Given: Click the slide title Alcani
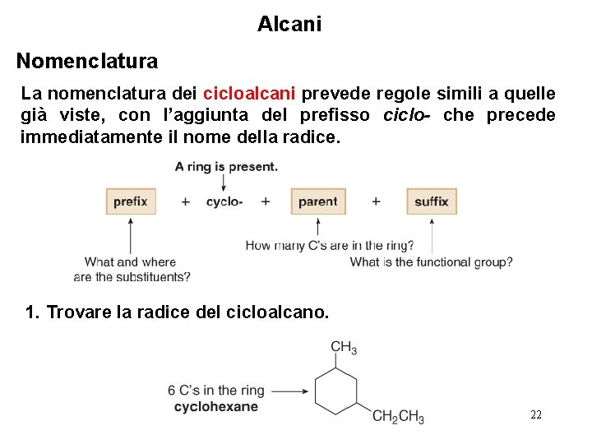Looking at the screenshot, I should [x=289, y=25].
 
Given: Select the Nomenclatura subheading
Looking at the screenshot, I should [x=87, y=61].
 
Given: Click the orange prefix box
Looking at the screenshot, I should [x=131, y=201].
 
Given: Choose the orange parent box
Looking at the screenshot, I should [x=317, y=201].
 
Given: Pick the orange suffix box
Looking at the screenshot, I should [x=431, y=201].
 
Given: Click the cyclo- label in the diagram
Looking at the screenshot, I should [x=224, y=201].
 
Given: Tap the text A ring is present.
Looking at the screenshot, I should [x=226, y=167].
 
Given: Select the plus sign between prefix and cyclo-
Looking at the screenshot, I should [x=186, y=201].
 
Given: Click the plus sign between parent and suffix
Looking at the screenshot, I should [x=376, y=201].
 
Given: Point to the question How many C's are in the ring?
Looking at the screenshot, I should [x=330, y=245].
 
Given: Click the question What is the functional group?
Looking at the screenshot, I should [x=431, y=262].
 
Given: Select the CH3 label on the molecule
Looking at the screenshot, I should [x=344, y=348].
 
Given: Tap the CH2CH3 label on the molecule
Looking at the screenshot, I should [x=398, y=417].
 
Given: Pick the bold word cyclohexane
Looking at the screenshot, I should [x=216, y=406].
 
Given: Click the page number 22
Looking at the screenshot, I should [x=535, y=414].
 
